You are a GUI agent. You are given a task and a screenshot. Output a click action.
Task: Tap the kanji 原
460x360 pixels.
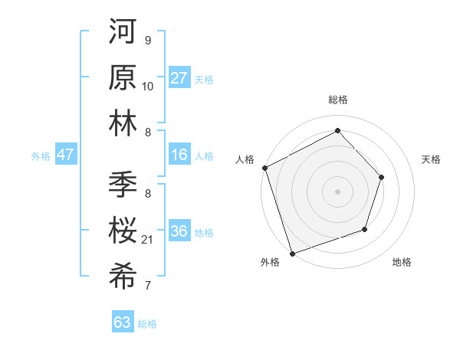coord(123,78)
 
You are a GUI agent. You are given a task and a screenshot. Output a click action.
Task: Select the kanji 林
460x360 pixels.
coord(123,123)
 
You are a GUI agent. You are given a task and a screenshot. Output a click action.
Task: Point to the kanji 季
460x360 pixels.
coord(123,185)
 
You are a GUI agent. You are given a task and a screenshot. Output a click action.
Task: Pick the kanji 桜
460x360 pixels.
coord(123,230)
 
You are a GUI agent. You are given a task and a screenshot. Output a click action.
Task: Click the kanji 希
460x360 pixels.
coord(123,274)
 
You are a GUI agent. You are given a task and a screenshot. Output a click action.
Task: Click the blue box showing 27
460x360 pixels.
coord(179,78)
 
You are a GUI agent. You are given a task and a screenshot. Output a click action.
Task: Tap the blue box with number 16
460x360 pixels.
coord(179,155)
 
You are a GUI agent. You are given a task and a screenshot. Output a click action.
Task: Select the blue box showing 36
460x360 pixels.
coord(179,231)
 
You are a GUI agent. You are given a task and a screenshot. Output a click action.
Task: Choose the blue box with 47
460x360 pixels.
coord(65,155)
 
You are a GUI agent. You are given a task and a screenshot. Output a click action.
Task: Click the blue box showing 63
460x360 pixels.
coord(123,322)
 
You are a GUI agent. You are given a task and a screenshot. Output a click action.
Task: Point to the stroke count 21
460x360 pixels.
coord(149,240)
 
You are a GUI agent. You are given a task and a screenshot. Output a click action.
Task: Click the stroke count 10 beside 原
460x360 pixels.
coord(148,87)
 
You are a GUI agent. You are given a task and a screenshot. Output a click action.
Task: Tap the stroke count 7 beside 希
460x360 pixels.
coord(148,286)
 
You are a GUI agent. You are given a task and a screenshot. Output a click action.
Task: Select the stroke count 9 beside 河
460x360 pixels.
coord(147,41)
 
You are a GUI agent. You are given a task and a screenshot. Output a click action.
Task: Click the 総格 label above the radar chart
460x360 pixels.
coord(337,100)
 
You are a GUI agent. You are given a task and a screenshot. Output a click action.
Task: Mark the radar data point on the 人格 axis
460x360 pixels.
coord(264,168)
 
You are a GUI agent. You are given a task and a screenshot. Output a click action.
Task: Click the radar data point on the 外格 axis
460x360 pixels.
coord(292,253)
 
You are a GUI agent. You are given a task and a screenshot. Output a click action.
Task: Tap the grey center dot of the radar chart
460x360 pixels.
coord(337,191)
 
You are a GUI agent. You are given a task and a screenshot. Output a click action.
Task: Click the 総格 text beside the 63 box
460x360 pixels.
coord(147,324)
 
